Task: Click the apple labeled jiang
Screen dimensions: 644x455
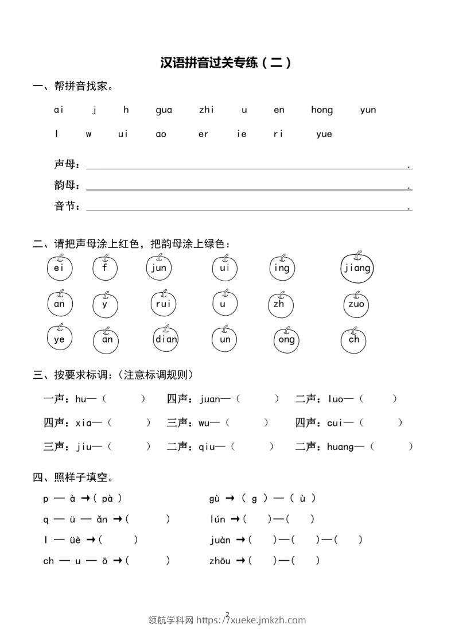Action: (x=356, y=268)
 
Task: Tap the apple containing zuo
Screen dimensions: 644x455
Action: (x=356, y=304)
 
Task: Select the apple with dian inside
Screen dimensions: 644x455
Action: (x=166, y=339)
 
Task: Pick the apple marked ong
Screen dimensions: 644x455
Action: (x=286, y=339)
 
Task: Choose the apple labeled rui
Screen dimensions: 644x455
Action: (x=164, y=304)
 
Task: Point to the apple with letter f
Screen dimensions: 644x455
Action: (x=105, y=268)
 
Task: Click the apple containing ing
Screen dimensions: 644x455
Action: (x=282, y=268)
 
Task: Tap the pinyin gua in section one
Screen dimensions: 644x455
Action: (x=164, y=110)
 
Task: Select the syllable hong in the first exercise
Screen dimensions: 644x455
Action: (x=322, y=110)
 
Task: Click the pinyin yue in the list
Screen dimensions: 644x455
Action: (x=324, y=134)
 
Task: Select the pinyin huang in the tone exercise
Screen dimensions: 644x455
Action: (x=340, y=447)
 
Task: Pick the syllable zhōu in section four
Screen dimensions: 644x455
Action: (x=220, y=561)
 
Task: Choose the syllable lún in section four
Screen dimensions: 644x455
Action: (x=217, y=519)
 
